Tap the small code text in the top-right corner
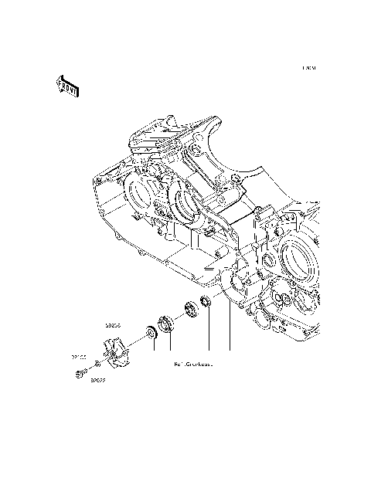[309, 69]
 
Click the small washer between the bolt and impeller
[95, 362]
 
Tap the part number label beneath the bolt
[97, 380]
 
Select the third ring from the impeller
[189, 310]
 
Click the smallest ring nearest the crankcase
[206, 300]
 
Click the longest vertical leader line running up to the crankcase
[230, 324]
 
